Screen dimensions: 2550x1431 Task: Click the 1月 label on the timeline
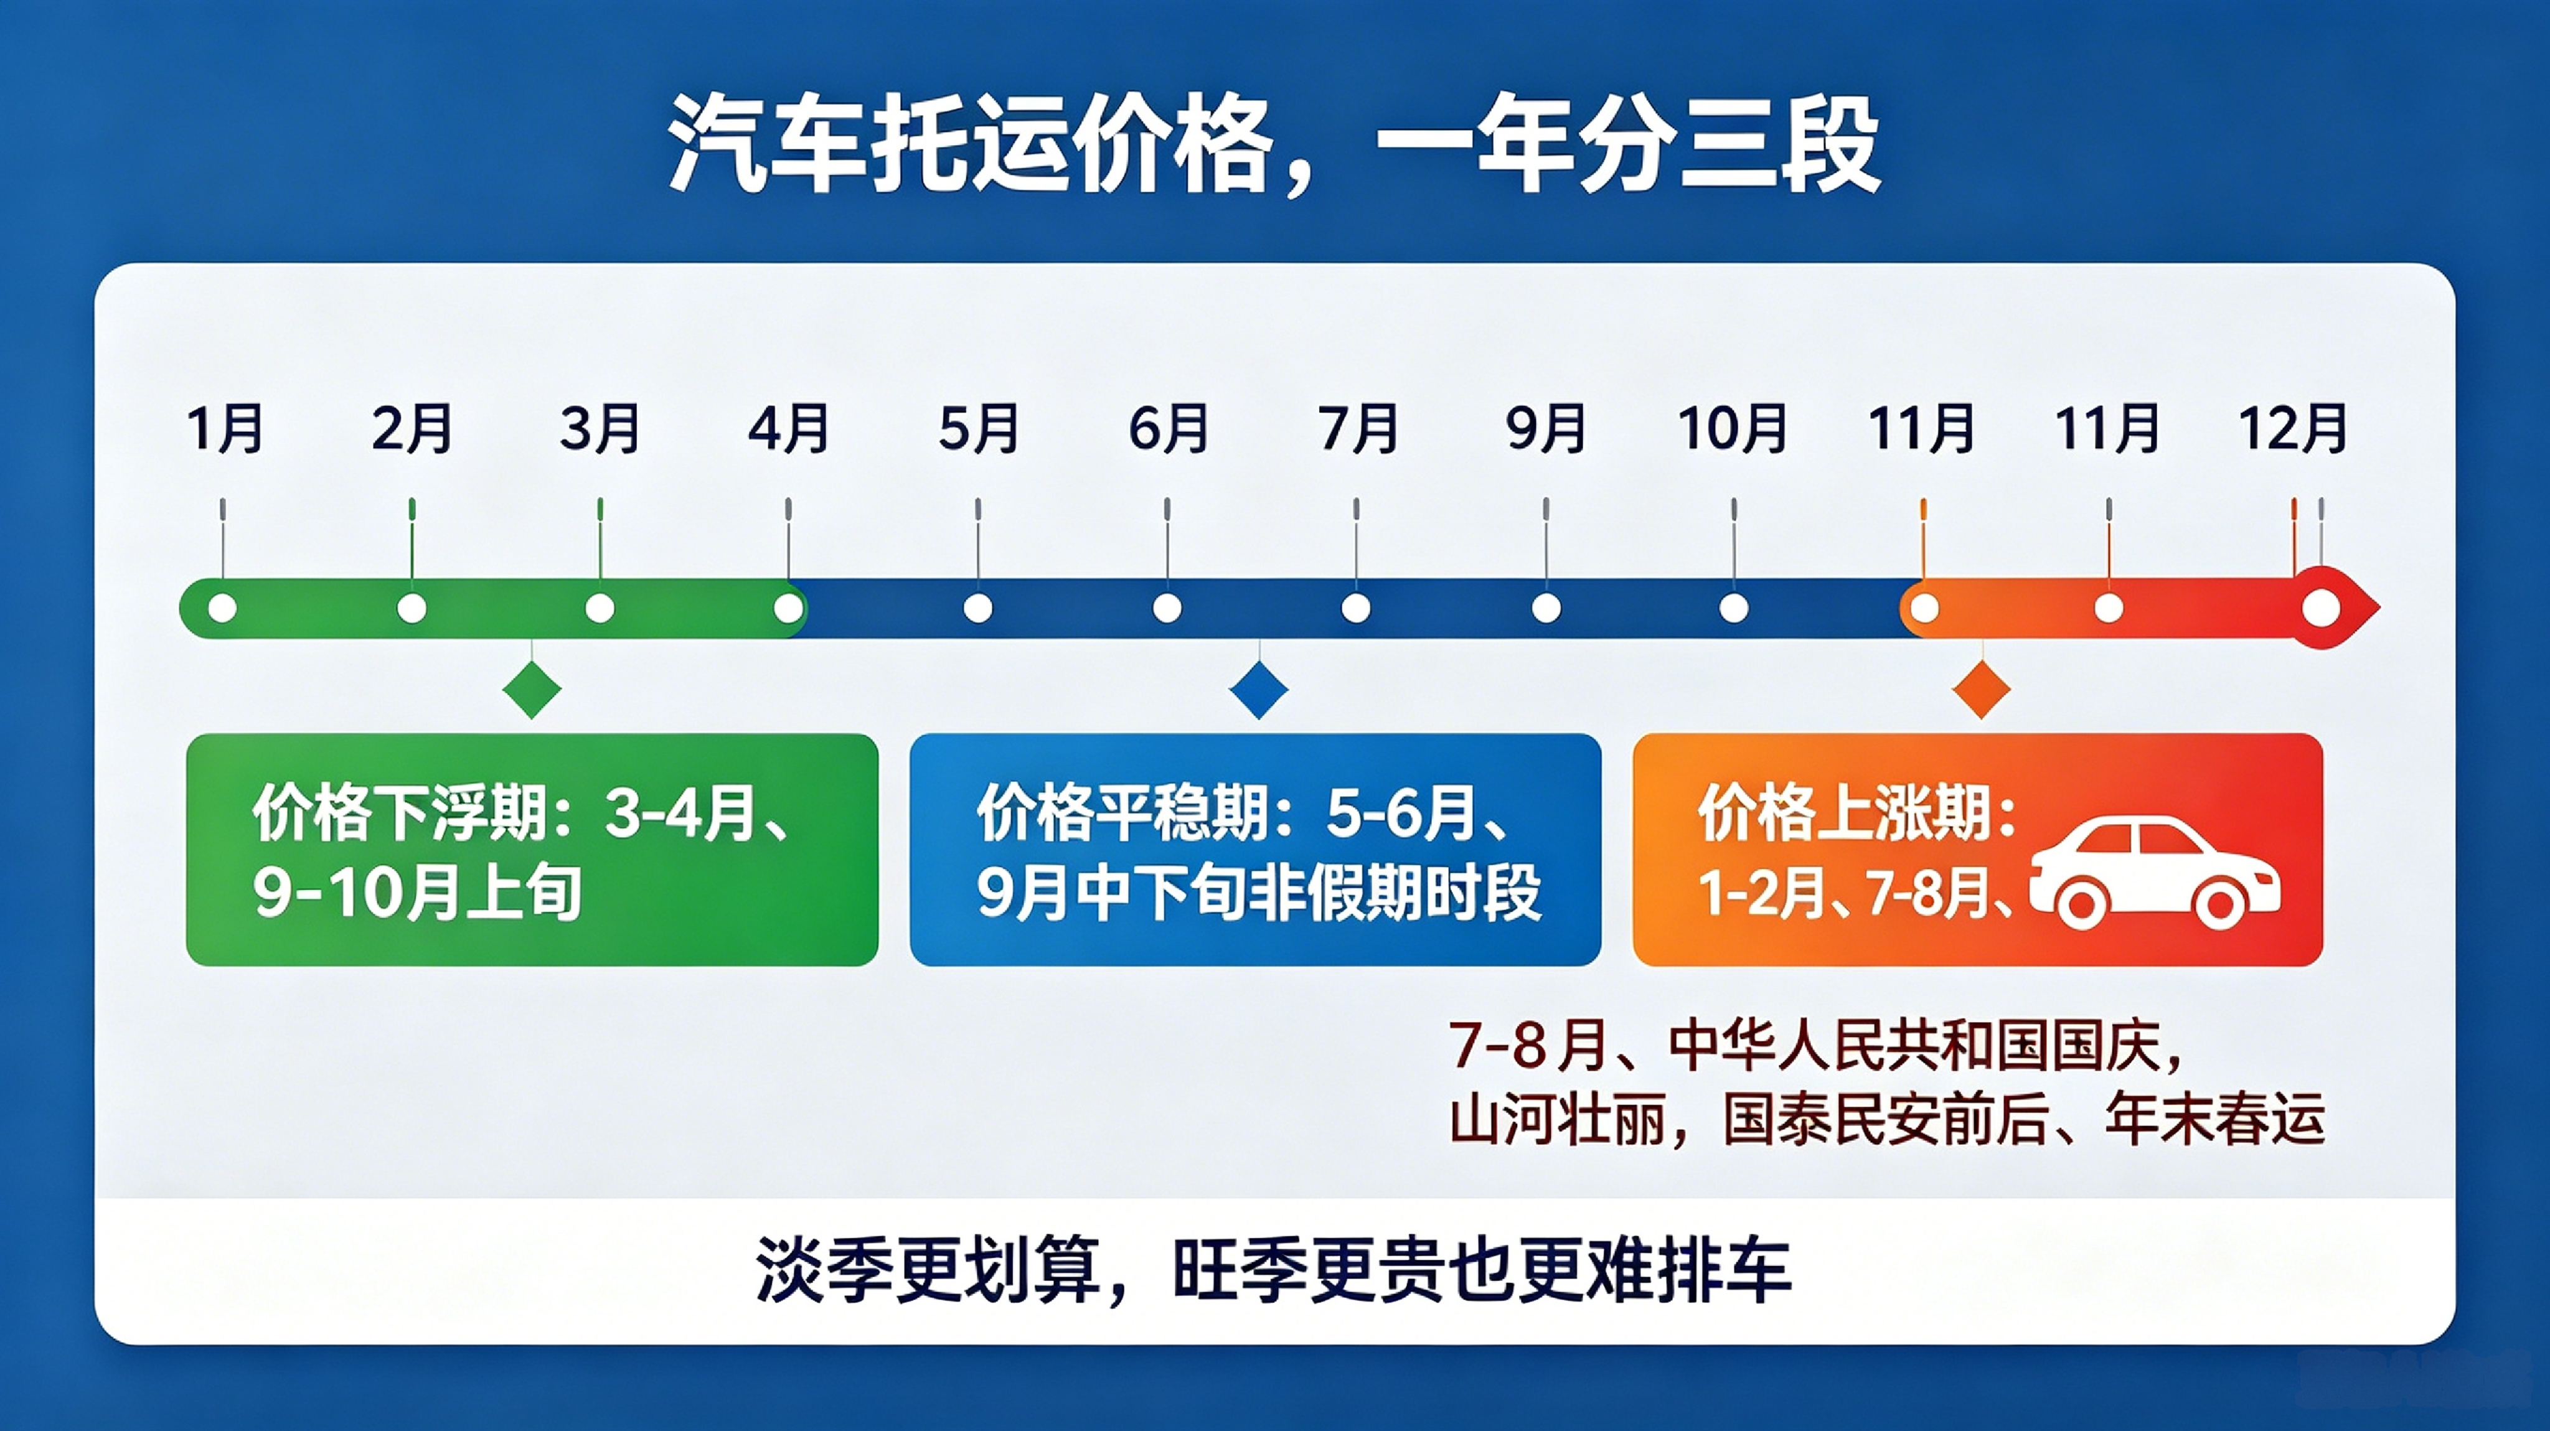225,428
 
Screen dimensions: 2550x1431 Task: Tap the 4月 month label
788,428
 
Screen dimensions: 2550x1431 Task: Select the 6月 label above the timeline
1168,428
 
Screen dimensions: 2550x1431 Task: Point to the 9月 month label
1545,428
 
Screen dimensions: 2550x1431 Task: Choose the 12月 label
2294,428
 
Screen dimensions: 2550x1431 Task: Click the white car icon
2155,873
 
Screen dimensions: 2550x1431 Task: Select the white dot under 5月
978,608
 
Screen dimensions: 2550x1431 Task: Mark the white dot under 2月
412,608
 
